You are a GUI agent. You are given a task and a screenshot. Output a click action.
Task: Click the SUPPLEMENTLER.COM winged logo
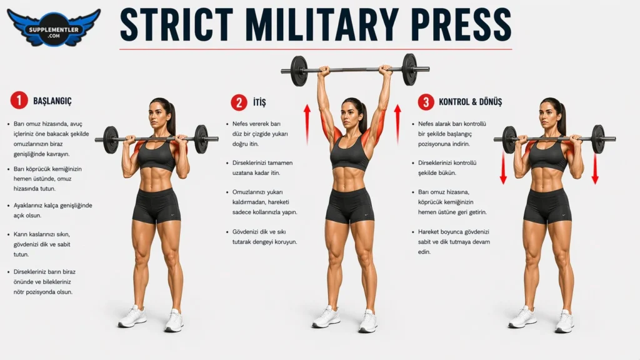(x=54, y=27)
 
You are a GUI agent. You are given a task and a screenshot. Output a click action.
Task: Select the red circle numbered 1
(x=19, y=101)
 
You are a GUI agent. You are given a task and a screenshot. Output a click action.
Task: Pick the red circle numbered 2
(x=239, y=102)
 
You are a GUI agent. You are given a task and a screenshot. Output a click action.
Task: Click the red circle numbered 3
(x=426, y=102)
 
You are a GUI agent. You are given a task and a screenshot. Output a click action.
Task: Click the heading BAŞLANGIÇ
(x=52, y=101)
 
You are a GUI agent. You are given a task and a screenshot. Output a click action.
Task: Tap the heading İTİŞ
(x=259, y=102)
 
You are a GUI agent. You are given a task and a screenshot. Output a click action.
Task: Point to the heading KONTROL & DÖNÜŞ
(x=470, y=102)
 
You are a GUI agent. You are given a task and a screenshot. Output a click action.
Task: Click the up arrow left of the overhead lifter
(x=307, y=124)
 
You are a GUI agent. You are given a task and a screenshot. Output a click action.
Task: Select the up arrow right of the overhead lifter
(x=397, y=124)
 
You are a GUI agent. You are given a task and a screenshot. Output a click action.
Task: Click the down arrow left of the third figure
(x=503, y=167)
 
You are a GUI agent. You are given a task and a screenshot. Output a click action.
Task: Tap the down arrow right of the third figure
(x=595, y=167)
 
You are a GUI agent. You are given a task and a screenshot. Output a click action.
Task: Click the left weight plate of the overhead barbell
(x=299, y=71)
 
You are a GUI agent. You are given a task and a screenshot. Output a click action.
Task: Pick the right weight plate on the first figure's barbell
(x=201, y=139)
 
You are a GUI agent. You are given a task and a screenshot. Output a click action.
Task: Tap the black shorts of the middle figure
(x=350, y=205)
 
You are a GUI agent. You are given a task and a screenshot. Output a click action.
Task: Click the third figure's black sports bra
(x=547, y=154)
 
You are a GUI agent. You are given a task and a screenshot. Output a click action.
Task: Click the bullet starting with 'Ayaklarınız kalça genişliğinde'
(x=50, y=211)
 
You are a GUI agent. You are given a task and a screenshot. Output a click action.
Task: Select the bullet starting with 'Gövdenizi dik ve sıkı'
(x=262, y=237)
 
